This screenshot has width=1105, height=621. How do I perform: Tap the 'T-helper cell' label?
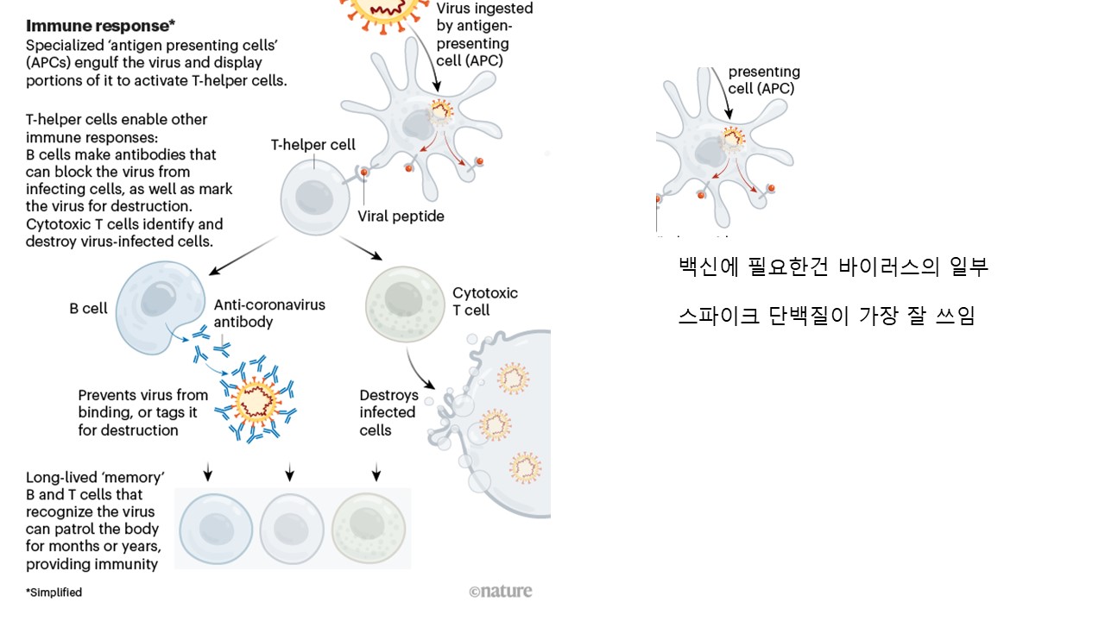313,145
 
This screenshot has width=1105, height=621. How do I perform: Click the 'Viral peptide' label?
401,216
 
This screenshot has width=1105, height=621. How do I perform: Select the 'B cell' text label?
88,308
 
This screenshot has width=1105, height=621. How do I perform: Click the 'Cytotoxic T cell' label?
485,301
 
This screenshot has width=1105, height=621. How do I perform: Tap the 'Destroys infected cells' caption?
388,412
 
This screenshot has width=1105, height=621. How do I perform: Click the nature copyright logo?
501,591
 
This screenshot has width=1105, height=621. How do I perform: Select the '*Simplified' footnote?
54,593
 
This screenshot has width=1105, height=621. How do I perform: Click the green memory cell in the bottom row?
369,528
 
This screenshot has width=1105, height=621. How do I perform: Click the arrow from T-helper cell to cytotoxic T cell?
361,248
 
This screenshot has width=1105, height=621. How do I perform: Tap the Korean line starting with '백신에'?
833,267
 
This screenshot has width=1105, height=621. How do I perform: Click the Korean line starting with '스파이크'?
826,316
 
